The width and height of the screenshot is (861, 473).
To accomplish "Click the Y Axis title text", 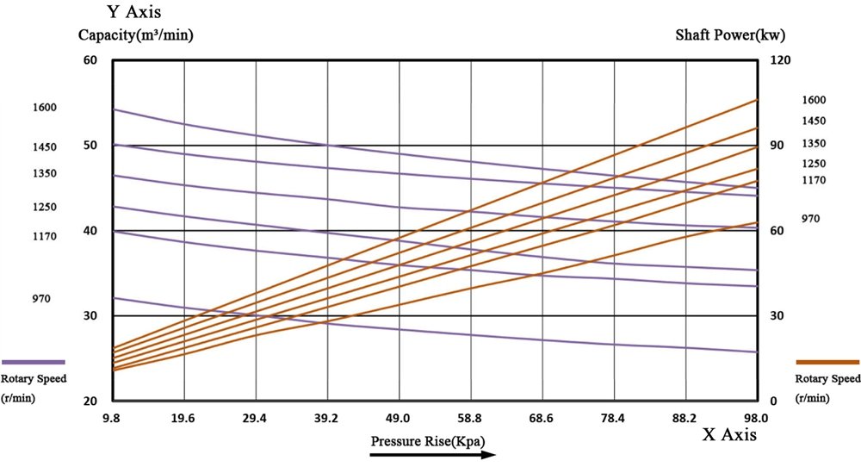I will tap(134, 14).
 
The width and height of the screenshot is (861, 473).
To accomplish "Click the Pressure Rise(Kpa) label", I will tap(428, 441).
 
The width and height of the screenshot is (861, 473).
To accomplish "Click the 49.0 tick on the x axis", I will tap(398, 418).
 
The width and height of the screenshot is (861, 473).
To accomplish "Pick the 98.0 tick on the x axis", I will tap(756, 418).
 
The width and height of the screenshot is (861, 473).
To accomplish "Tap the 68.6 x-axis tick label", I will tap(541, 418).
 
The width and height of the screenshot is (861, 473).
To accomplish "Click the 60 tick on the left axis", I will tap(90, 60).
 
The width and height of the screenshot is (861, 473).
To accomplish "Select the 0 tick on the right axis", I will tap(772, 401).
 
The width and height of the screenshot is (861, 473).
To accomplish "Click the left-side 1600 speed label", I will tap(44, 108).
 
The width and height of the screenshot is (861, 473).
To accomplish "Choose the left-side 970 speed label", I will tap(41, 299).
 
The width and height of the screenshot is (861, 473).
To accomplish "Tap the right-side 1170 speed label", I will tap(814, 180).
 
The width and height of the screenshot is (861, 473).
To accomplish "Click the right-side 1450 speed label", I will tap(814, 121).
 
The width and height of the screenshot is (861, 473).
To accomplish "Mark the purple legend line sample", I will tap(34, 362).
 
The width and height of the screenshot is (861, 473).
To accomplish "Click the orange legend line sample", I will tap(827, 363).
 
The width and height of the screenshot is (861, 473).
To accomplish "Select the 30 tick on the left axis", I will tap(90, 316).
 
